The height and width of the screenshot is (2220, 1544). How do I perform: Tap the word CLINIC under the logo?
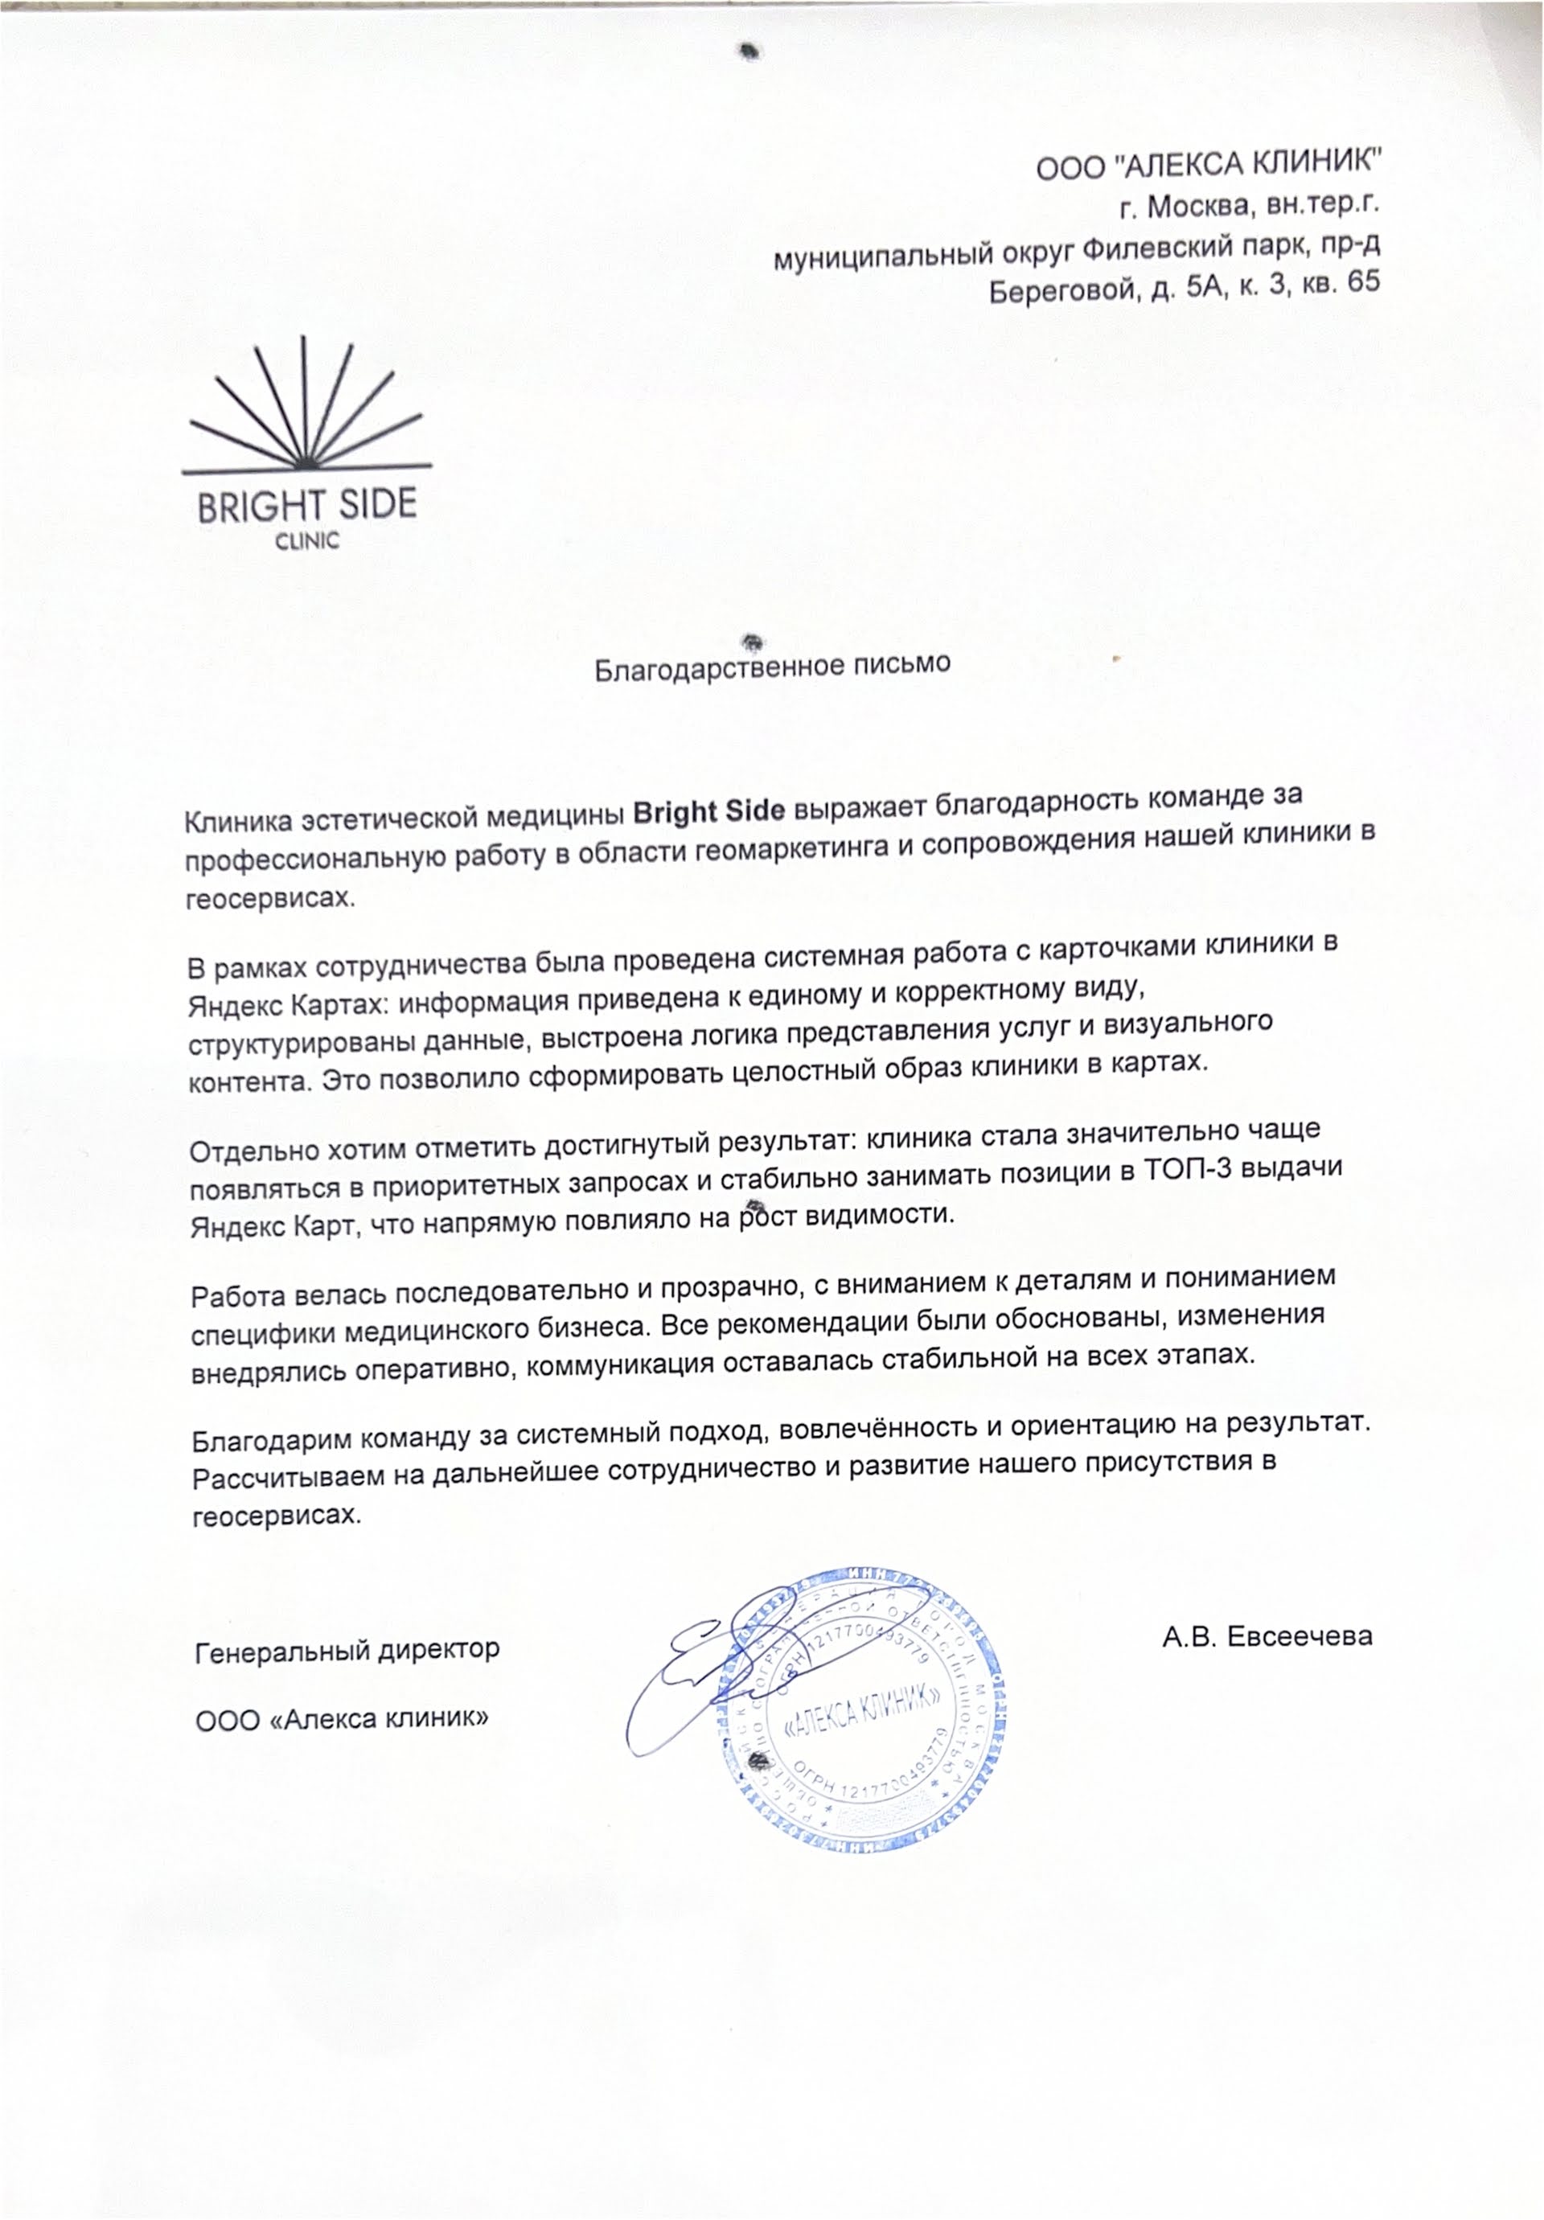tap(307, 541)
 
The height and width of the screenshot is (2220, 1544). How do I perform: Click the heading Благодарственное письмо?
tap(771, 665)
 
